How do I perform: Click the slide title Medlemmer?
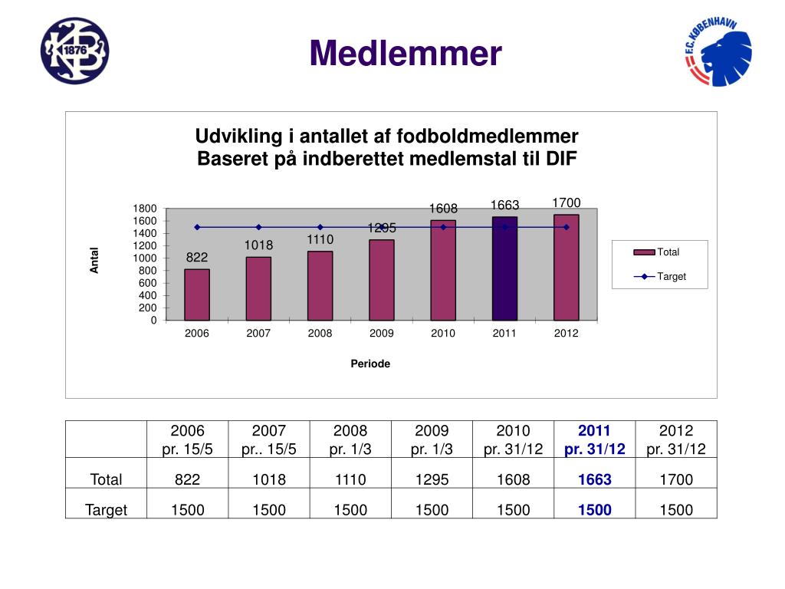[406, 54]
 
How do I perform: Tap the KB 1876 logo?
[74, 51]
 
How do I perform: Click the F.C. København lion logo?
[718, 52]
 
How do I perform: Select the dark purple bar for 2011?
[504, 268]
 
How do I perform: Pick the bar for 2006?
[197, 294]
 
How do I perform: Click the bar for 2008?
[320, 285]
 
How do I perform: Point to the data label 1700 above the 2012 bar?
[567, 202]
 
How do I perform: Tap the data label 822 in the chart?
[197, 257]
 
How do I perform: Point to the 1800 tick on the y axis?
[146, 209]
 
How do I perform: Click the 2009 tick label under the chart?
[381, 334]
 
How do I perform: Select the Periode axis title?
[370, 364]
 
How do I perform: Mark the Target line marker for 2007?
[258, 227]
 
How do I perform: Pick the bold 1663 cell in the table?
[595, 480]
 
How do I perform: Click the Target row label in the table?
[107, 510]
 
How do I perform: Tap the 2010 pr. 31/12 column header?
[513, 439]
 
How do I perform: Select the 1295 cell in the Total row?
[432, 480]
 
